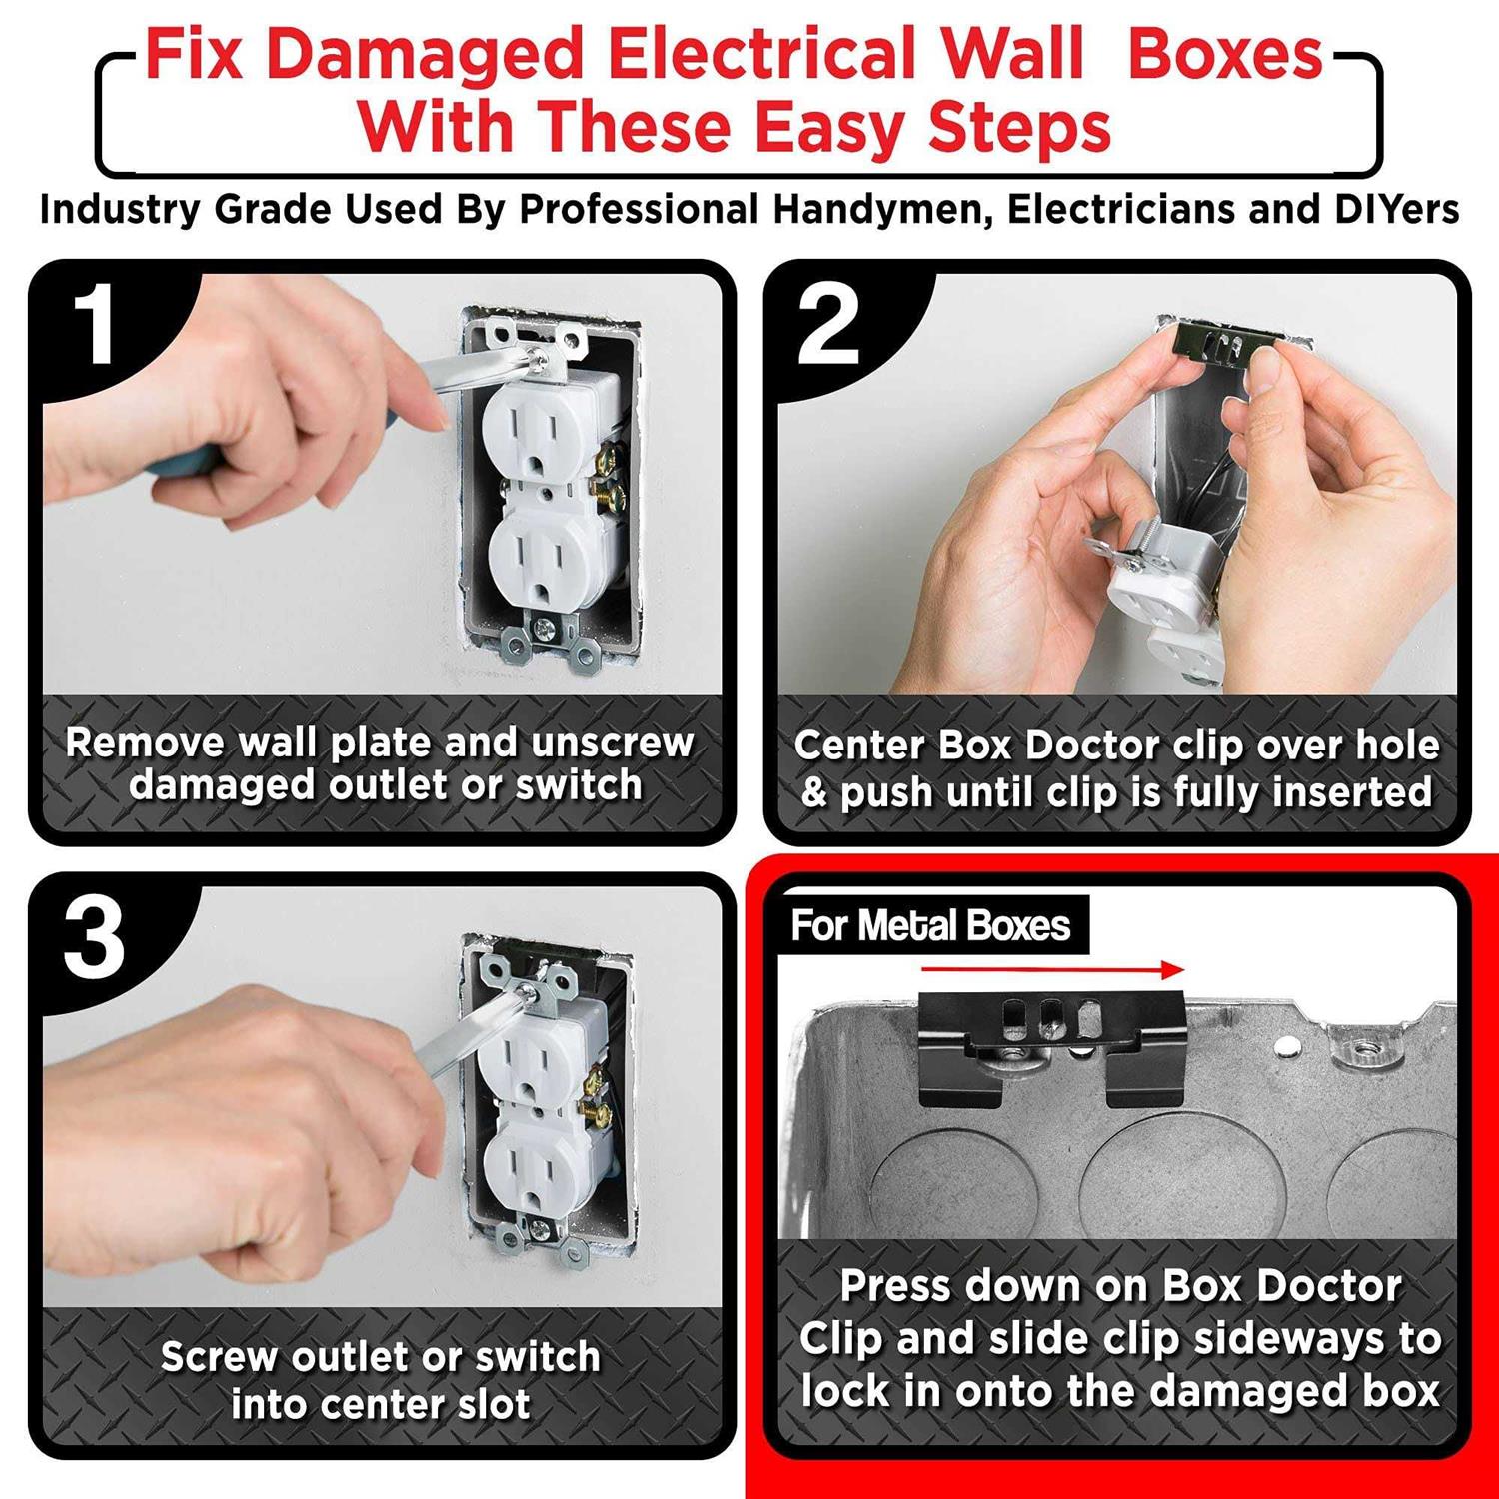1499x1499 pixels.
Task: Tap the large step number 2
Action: point(829,325)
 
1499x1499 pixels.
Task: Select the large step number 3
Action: point(95,939)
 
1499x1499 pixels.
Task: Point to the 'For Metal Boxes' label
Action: point(930,926)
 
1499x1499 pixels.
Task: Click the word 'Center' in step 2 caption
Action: point(859,746)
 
